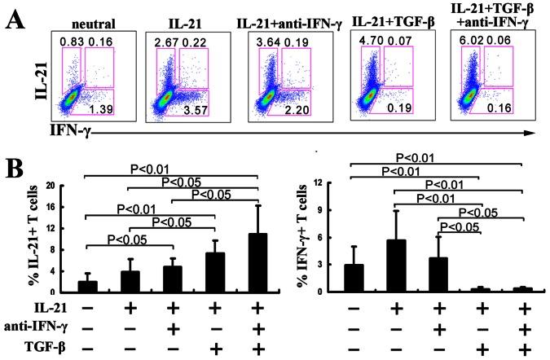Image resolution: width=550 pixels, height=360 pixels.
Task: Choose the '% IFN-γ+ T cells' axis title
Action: coord(323,239)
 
